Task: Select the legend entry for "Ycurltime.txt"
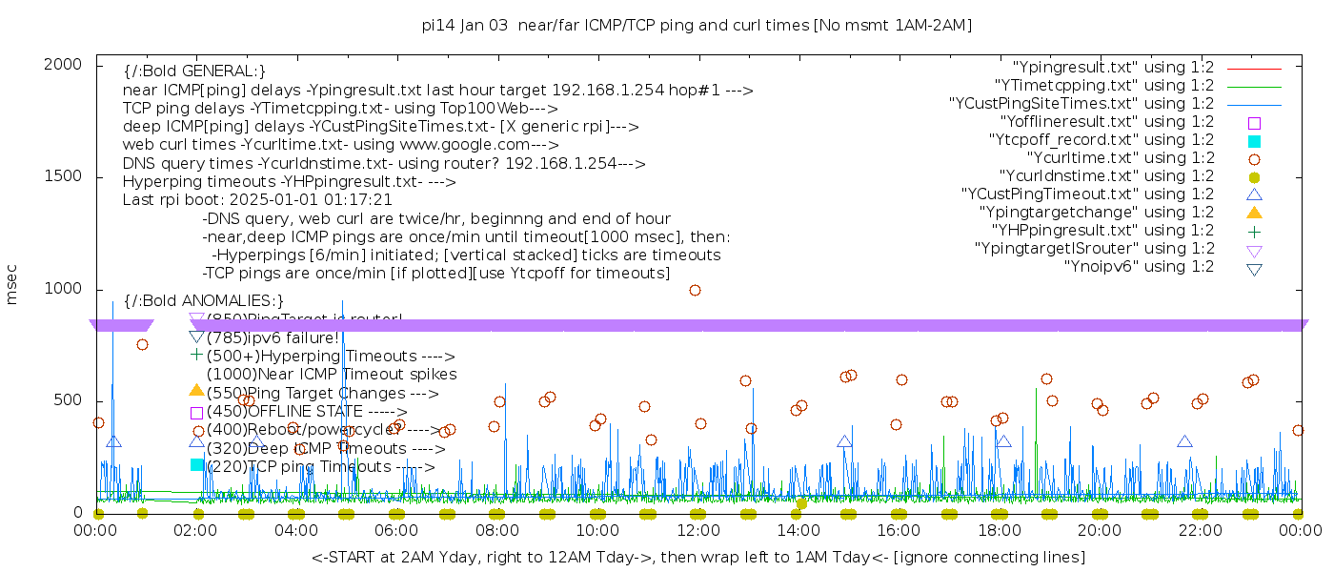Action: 1120,158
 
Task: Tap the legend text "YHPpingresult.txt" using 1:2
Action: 1102,231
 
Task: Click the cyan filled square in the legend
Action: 1254,141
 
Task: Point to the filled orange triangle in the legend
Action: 1254,213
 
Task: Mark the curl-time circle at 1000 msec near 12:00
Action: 695,290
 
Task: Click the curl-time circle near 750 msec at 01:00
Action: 142,344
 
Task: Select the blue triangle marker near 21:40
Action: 1184,441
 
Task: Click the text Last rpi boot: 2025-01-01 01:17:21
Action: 257,200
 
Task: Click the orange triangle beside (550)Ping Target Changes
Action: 196,390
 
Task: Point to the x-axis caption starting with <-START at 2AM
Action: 697,557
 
